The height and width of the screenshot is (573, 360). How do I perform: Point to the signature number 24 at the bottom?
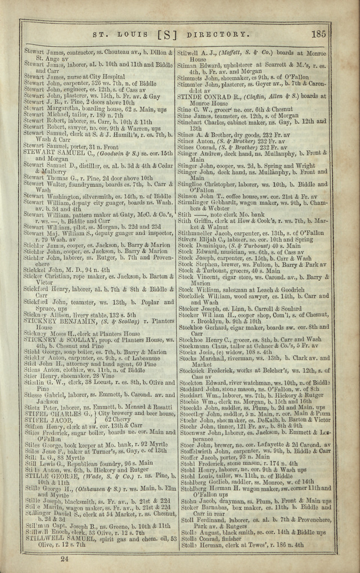point(64,558)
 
